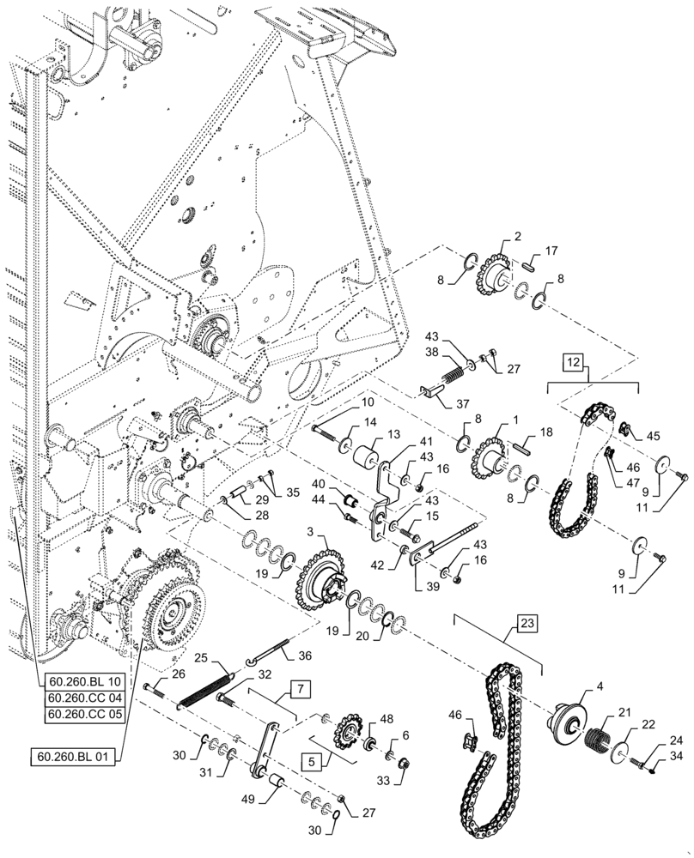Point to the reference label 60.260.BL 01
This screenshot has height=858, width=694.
point(74,757)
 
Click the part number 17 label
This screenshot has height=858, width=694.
point(551,251)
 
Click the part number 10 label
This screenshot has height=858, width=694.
point(343,402)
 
